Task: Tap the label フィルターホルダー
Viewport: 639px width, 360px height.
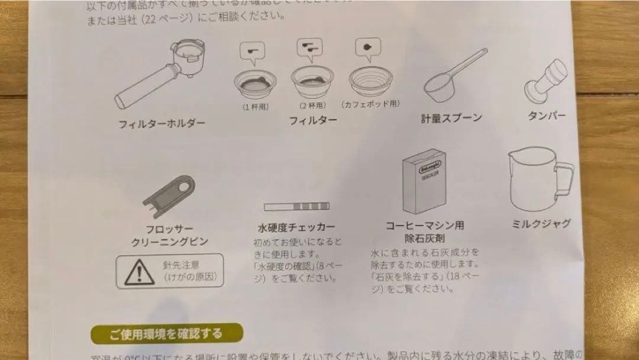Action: pos(162,124)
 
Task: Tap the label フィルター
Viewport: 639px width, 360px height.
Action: pos(312,120)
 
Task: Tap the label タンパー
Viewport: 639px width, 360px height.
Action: pos(546,116)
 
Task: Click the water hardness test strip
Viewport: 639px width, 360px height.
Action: pos(296,205)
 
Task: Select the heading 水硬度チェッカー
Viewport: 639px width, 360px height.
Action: pos(296,227)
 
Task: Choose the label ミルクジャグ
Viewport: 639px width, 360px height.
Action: pos(540,224)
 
